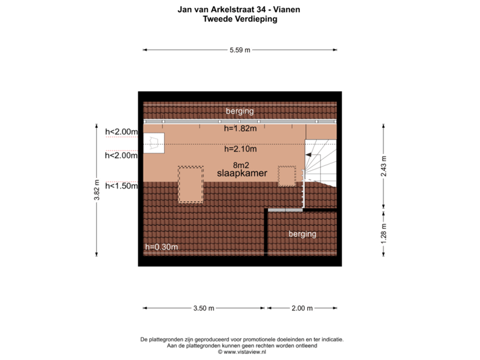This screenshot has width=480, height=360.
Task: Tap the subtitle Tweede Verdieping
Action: click(x=240, y=19)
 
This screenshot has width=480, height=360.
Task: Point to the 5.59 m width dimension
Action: click(x=240, y=50)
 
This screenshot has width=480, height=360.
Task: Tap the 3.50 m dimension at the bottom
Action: click(x=203, y=308)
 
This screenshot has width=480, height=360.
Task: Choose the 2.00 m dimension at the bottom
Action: click(x=302, y=308)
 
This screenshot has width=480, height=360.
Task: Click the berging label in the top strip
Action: click(x=239, y=111)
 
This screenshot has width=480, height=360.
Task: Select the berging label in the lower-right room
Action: click(x=302, y=234)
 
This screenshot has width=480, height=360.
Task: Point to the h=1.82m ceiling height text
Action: click(x=240, y=129)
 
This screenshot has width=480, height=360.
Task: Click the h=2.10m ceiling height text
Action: click(x=240, y=149)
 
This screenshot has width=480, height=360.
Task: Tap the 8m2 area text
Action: click(x=241, y=164)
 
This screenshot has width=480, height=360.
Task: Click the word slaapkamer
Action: click(x=242, y=173)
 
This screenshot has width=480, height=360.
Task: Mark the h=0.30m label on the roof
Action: click(x=161, y=247)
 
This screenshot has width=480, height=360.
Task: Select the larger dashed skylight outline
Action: click(x=191, y=184)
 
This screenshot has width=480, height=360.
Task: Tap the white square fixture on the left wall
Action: click(x=154, y=142)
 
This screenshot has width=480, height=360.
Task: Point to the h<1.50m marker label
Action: click(x=121, y=186)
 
